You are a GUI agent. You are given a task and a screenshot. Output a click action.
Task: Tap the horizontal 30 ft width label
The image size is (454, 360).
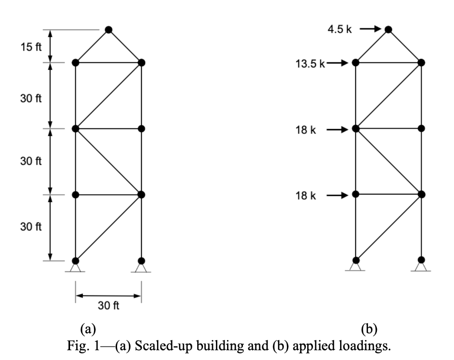(109, 306)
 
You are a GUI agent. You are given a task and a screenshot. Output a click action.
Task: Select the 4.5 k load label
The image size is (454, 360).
(340, 30)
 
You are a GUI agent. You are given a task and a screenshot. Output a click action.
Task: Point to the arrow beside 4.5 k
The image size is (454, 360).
(370, 29)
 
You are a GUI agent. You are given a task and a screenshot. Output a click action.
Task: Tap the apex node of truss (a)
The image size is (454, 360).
(109, 30)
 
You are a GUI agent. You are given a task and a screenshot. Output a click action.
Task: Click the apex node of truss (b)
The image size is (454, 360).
(388, 30)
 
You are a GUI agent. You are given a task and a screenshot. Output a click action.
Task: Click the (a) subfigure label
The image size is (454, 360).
(87, 329)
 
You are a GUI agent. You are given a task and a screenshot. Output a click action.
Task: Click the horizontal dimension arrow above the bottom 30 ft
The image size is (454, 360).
(109, 295)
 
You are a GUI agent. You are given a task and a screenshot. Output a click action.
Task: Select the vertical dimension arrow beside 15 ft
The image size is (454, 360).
(51, 46)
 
